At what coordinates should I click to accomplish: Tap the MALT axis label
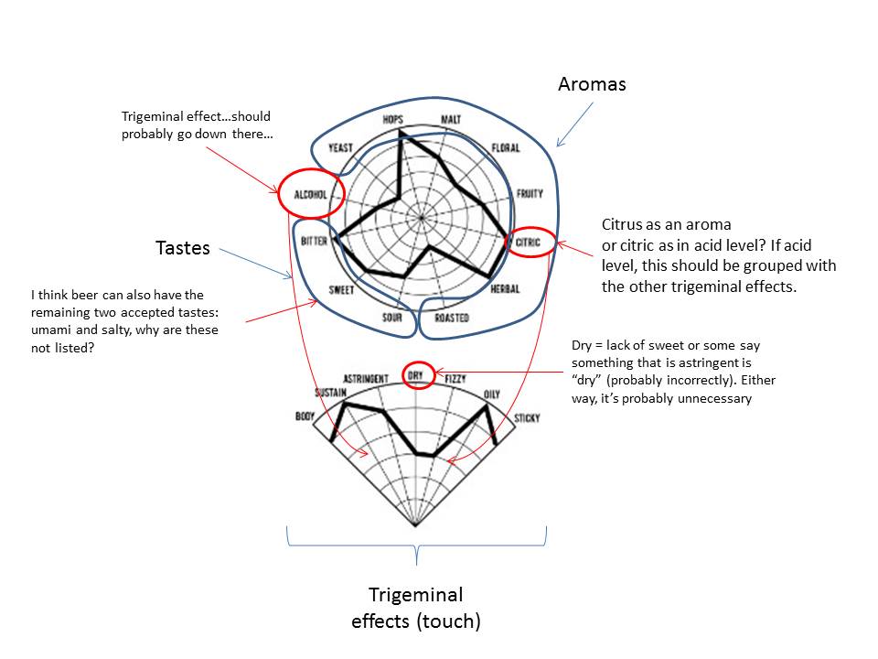(x=450, y=121)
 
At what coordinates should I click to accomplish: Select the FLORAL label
(x=505, y=148)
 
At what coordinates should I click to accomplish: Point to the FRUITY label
(x=529, y=194)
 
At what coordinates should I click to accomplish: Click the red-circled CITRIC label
(x=530, y=243)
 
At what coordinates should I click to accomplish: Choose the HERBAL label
(x=505, y=289)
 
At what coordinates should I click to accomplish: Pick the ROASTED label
(x=452, y=319)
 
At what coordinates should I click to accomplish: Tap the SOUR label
(x=391, y=319)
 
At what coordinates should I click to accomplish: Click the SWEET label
(x=341, y=290)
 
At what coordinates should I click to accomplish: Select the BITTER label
(x=315, y=242)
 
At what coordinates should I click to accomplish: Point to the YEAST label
(x=340, y=148)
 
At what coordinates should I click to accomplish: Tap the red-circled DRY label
(x=418, y=375)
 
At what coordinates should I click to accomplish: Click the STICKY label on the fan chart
(x=527, y=418)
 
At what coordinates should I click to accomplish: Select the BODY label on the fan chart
(x=304, y=416)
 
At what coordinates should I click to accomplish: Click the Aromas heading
(x=592, y=85)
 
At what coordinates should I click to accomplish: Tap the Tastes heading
(x=182, y=248)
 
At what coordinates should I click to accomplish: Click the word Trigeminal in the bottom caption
(x=416, y=595)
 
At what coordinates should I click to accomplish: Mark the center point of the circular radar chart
(x=421, y=219)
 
